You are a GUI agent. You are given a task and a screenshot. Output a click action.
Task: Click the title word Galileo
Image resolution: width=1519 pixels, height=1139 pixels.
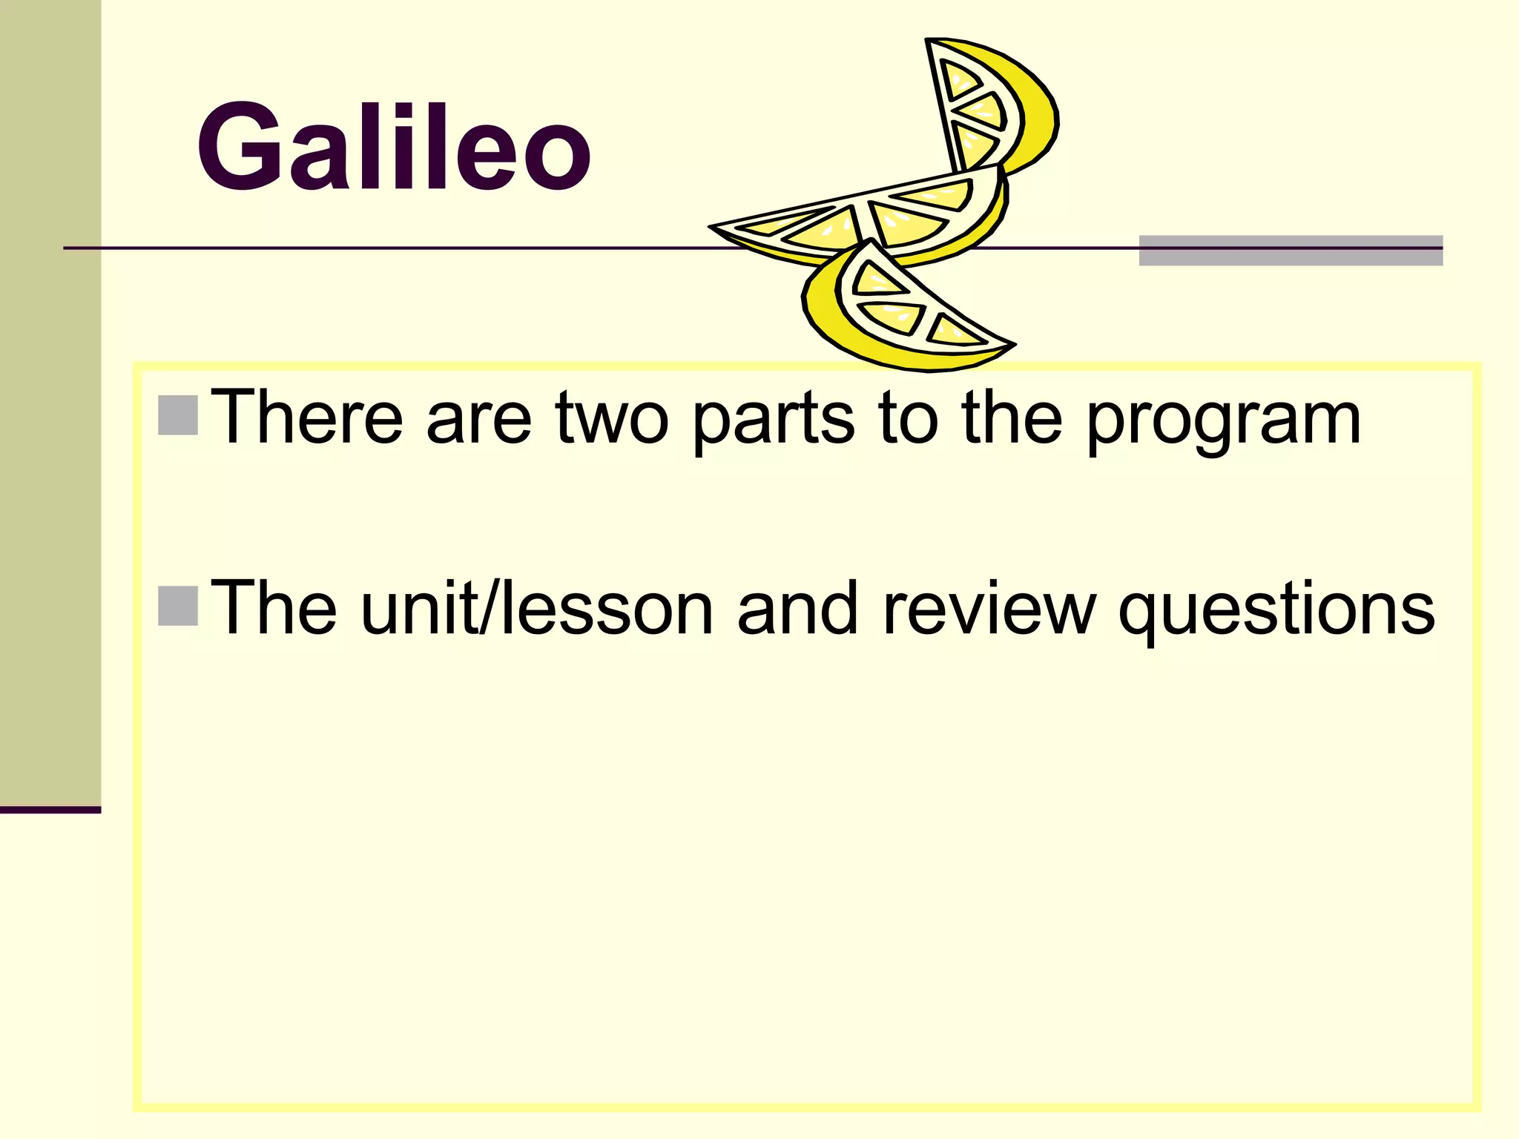pyautogui.click(x=394, y=148)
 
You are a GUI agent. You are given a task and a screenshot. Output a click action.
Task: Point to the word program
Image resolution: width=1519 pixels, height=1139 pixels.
pyautogui.click(x=1224, y=423)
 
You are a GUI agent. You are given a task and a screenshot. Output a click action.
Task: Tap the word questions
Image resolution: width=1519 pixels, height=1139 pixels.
pyautogui.click(x=1276, y=612)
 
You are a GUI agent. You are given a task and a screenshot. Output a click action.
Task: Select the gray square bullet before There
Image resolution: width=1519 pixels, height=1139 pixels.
pyautogui.click(x=178, y=415)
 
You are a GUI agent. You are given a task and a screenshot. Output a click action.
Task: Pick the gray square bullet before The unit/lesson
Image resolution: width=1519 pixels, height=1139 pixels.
pyautogui.click(x=178, y=606)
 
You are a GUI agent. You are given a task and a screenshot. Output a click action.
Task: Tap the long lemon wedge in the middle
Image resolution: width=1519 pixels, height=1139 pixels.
pyautogui.click(x=868, y=219)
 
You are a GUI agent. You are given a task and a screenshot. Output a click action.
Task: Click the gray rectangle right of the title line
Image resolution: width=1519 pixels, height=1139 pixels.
pyautogui.click(x=1291, y=250)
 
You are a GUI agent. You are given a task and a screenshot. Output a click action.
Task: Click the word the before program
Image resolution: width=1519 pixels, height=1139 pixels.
pyautogui.click(x=1012, y=418)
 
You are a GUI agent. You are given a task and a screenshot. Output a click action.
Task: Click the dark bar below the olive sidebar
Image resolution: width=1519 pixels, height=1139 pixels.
pyautogui.click(x=50, y=810)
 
